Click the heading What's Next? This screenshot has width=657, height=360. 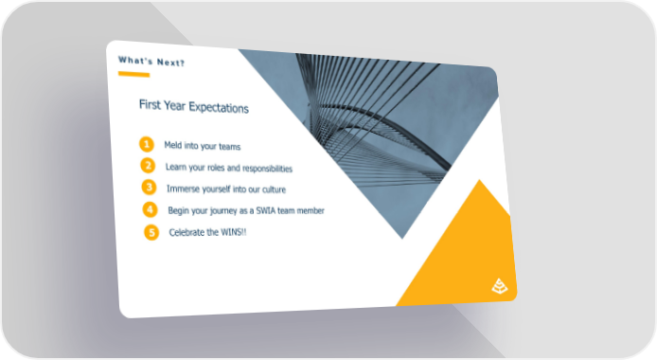(x=151, y=62)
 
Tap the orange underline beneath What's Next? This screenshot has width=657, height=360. (x=134, y=74)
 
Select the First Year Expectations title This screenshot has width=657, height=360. (x=193, y=106)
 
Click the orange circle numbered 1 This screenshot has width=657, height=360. (x=147, y=144)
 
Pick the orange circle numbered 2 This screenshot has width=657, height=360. (x=148, y=166)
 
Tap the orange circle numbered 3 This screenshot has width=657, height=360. (x=150, y=188)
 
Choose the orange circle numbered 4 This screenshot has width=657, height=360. (x=150, y=209)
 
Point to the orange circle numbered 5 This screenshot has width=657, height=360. (x=151, y=232)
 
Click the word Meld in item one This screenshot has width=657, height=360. (x=173, y=145)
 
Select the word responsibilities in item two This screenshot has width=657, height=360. (x=267, y=169)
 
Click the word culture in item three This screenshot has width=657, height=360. (x=274, y=189)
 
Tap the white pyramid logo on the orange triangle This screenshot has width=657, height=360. (x=500, y=286)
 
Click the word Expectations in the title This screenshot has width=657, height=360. (x=219, y=107)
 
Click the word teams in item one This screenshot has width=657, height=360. (x=230, y=147)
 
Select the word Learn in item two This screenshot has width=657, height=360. (x=175, y=167)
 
